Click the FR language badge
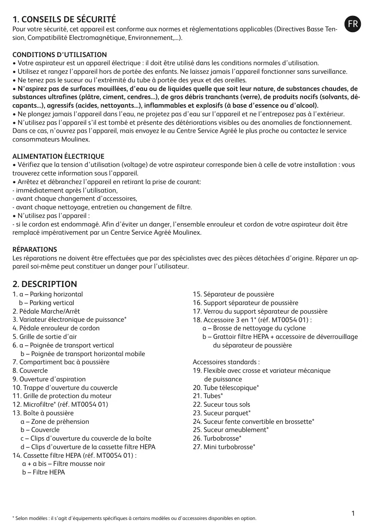(x=353, y=24)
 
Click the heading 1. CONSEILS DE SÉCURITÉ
(x=64, y=20)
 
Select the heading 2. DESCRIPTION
(x=45, y=284)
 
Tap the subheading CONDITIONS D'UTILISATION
(x=60, y=55)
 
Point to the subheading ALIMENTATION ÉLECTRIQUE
(x=58, y=157)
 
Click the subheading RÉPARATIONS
(x=35, y=250)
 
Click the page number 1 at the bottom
(x=353, y=514)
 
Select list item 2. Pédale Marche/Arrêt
(x=46, y=311)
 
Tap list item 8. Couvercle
(x=30, y=371)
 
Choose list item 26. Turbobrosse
(x=217, y=438)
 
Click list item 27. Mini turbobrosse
(x=224, y=447)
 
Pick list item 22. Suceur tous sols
(x=221, y=405)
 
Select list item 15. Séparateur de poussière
(x=233, y=294)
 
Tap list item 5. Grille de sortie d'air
(x=45, y=337)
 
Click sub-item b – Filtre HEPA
(x=43, y=472)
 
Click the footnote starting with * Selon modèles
(x=135, y=518)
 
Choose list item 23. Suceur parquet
(x=221, y=413)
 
